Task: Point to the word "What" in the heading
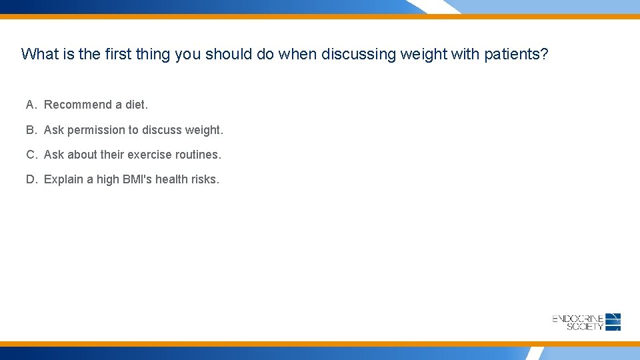[x=40, y=54]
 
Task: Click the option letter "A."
[x=32, y=105]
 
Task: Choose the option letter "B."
[x=32, y=130]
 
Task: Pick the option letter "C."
[x=32, y=155]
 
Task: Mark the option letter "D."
[x=32, y=179]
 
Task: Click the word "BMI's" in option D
[x=137, y=179]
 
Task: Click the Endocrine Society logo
[x=587, y=322]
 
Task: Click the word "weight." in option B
[x=204, y=130]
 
